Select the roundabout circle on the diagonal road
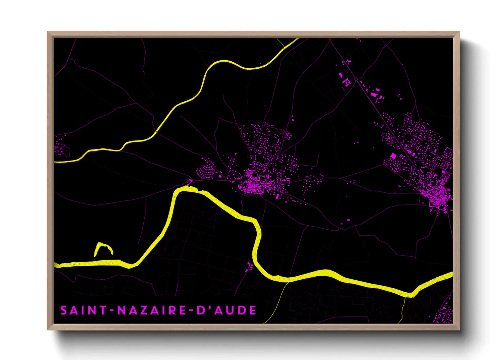(x=356, y=80)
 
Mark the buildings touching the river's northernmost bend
(x=189, y=183)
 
